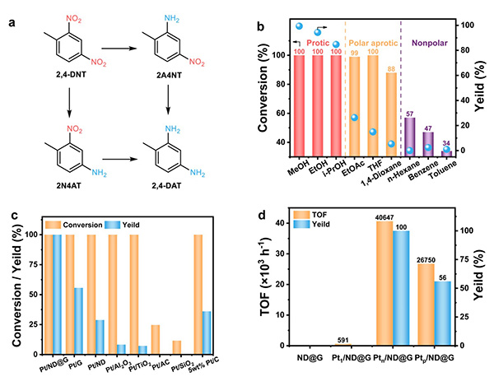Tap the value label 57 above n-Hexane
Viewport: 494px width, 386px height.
click(x=409, y=112)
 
